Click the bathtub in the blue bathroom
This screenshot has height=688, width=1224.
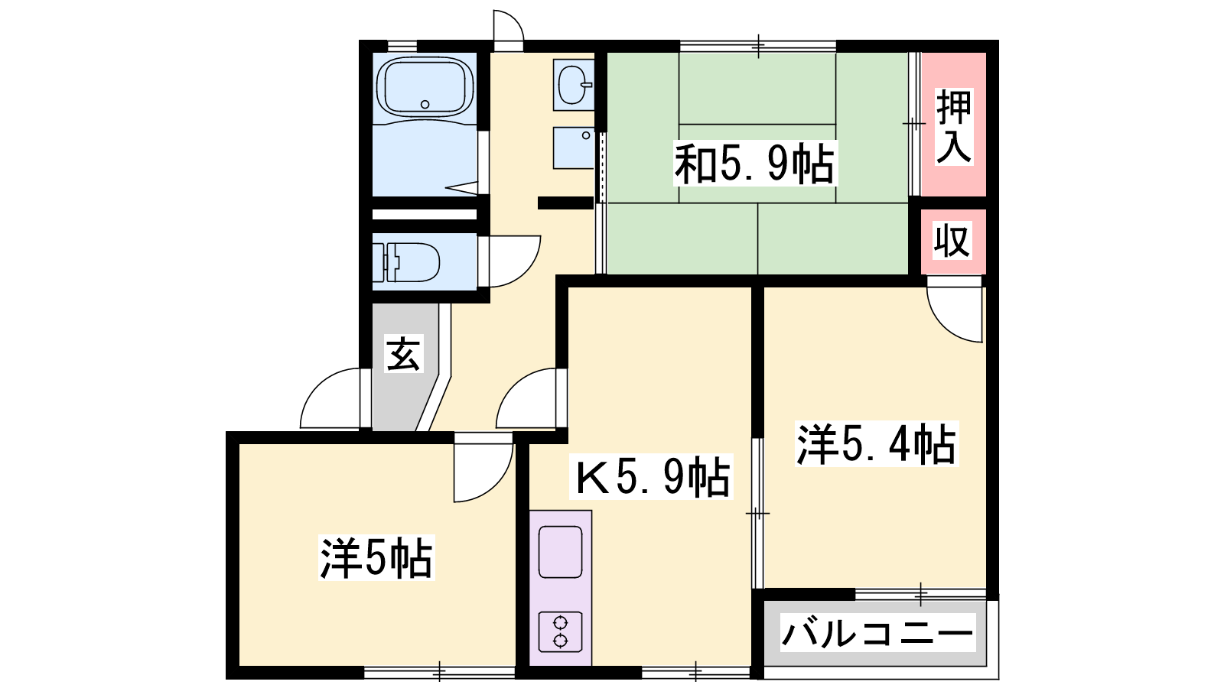425,86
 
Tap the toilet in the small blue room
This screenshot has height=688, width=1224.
406,262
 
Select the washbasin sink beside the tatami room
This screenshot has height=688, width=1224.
574,85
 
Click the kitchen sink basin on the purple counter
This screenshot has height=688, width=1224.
560,551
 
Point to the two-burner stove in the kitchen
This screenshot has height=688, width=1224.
560,631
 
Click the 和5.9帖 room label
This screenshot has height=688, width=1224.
754,164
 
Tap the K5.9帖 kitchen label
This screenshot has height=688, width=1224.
651,476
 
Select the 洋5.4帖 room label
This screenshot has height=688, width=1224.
877,443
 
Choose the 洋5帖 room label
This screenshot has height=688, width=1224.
376,557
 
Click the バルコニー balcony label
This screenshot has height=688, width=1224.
877,632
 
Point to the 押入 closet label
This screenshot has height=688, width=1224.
953,126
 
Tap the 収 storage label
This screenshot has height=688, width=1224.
952,240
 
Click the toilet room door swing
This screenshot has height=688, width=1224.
525,271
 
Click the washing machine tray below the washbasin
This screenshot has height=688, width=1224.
574,148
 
